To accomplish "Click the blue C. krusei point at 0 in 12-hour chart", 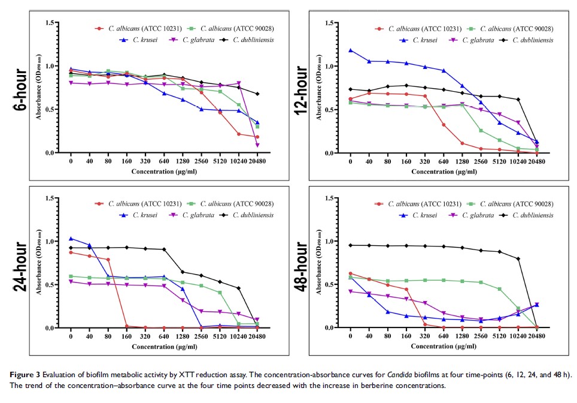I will click(351, 50).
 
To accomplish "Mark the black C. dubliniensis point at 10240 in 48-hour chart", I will click(518, 258).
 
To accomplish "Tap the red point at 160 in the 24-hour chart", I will click(126, 326).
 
